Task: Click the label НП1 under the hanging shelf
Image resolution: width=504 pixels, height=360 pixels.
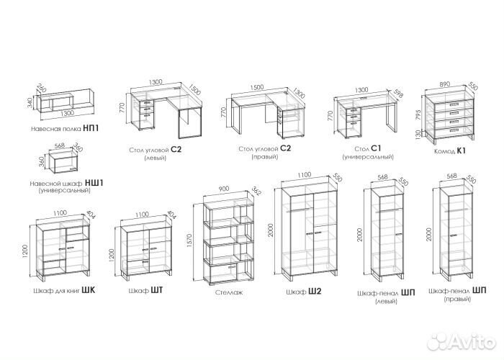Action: coord(91,129)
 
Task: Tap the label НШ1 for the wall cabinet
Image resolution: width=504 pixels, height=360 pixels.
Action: coord(94,183)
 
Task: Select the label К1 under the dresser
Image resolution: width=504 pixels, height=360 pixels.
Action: coord(461,150)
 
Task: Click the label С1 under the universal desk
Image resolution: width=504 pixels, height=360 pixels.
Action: coord(376,148)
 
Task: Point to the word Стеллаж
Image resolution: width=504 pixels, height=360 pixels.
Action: coord(229,292)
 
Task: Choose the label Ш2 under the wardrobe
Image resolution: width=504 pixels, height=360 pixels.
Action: coord(315,292)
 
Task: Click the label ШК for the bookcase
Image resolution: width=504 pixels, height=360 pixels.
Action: coord(89,291)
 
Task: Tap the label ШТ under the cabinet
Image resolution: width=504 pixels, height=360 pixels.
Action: coord(156,291)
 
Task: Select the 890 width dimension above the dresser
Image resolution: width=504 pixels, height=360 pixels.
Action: coord(444,84)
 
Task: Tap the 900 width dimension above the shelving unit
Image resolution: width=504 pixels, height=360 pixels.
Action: coord(224,189)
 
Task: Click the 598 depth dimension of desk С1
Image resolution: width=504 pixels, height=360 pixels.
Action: coord(397,94)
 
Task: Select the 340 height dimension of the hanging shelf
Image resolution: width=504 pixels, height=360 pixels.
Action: coord(30,103)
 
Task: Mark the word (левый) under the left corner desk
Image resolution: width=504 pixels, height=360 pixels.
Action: coord(156,158)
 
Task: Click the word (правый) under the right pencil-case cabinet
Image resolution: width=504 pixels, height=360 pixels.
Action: coord(457,299)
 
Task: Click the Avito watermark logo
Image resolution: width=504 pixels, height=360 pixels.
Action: coord(462,341)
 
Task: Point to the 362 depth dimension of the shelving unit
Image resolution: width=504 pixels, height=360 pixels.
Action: coord(256,191)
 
